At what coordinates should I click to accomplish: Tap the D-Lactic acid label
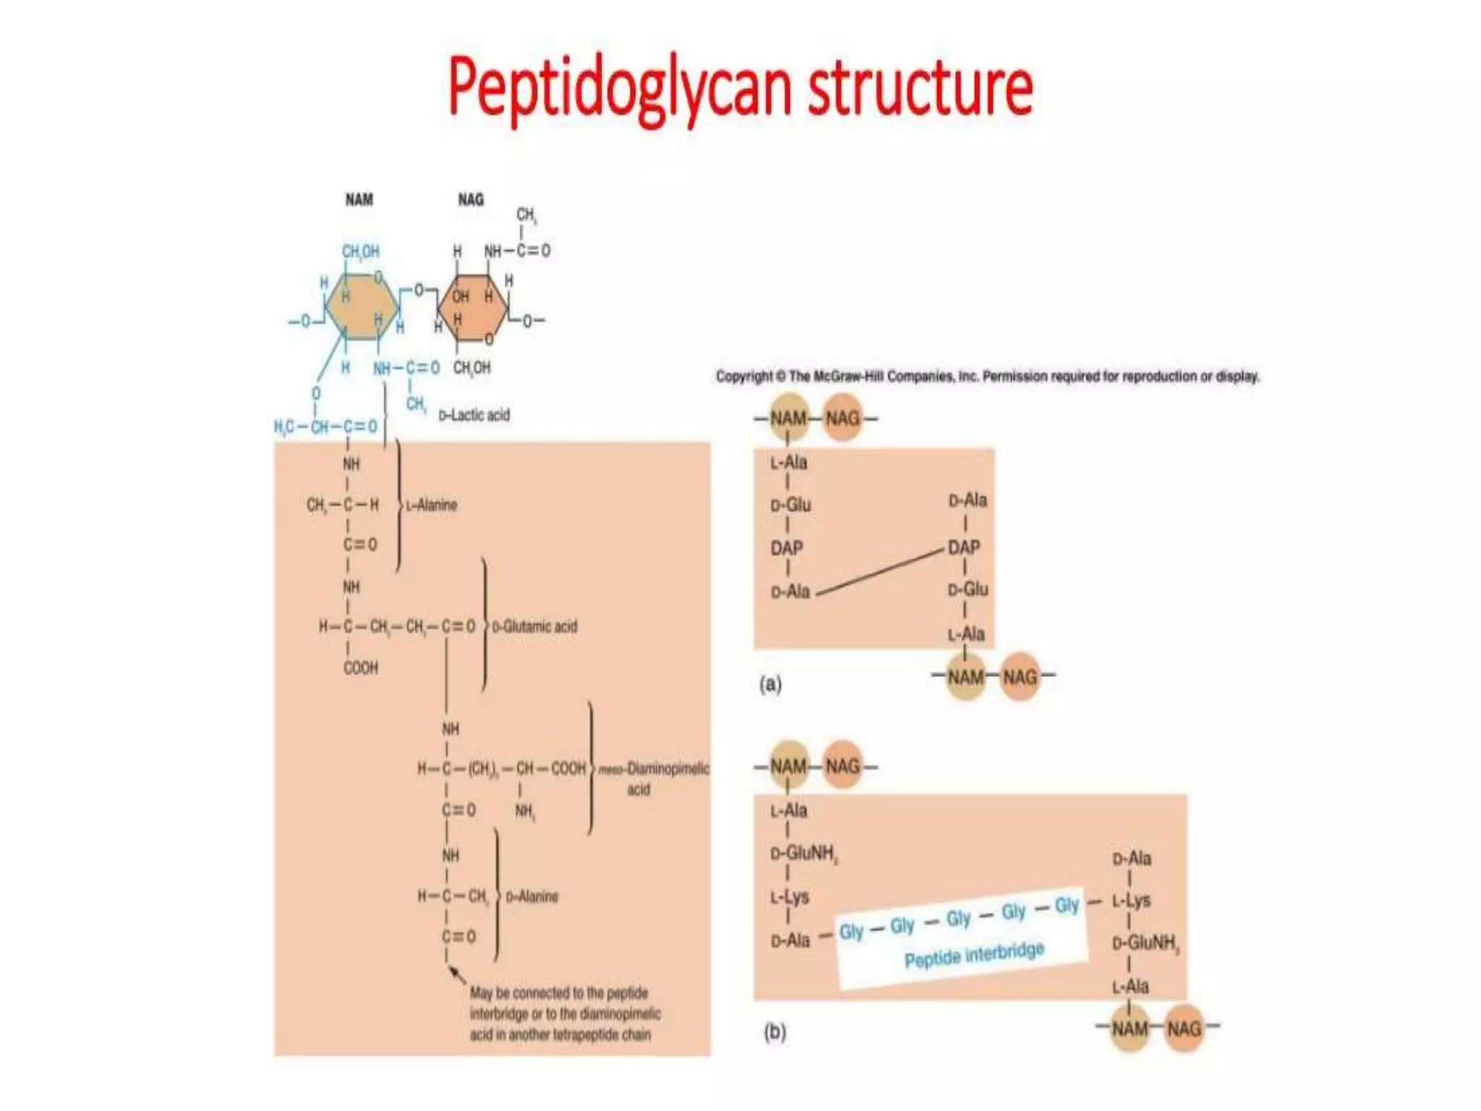point(474,415)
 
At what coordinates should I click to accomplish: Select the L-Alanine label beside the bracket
point(432,505)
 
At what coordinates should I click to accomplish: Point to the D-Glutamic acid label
point(535,626)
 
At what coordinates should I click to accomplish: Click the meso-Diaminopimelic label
point(654,769)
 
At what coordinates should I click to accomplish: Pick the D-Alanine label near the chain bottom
point(532,897)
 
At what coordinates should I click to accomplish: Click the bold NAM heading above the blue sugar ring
point(359,200)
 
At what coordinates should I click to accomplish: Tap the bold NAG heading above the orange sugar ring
point(471,200)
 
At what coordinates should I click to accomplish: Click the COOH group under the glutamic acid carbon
point(360,668)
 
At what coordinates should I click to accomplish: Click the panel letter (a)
point(770,684)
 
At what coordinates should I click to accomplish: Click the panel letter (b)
point(774,1031)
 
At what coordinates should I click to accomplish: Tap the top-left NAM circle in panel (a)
point(788,418)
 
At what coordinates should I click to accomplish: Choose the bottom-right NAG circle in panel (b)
point(1184,1028)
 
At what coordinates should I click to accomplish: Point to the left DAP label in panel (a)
point(787,548)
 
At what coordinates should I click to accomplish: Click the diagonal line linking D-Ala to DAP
point(880,571)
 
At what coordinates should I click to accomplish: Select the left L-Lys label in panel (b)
point(790,898)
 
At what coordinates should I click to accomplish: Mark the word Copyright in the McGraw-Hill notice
point(744,376)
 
